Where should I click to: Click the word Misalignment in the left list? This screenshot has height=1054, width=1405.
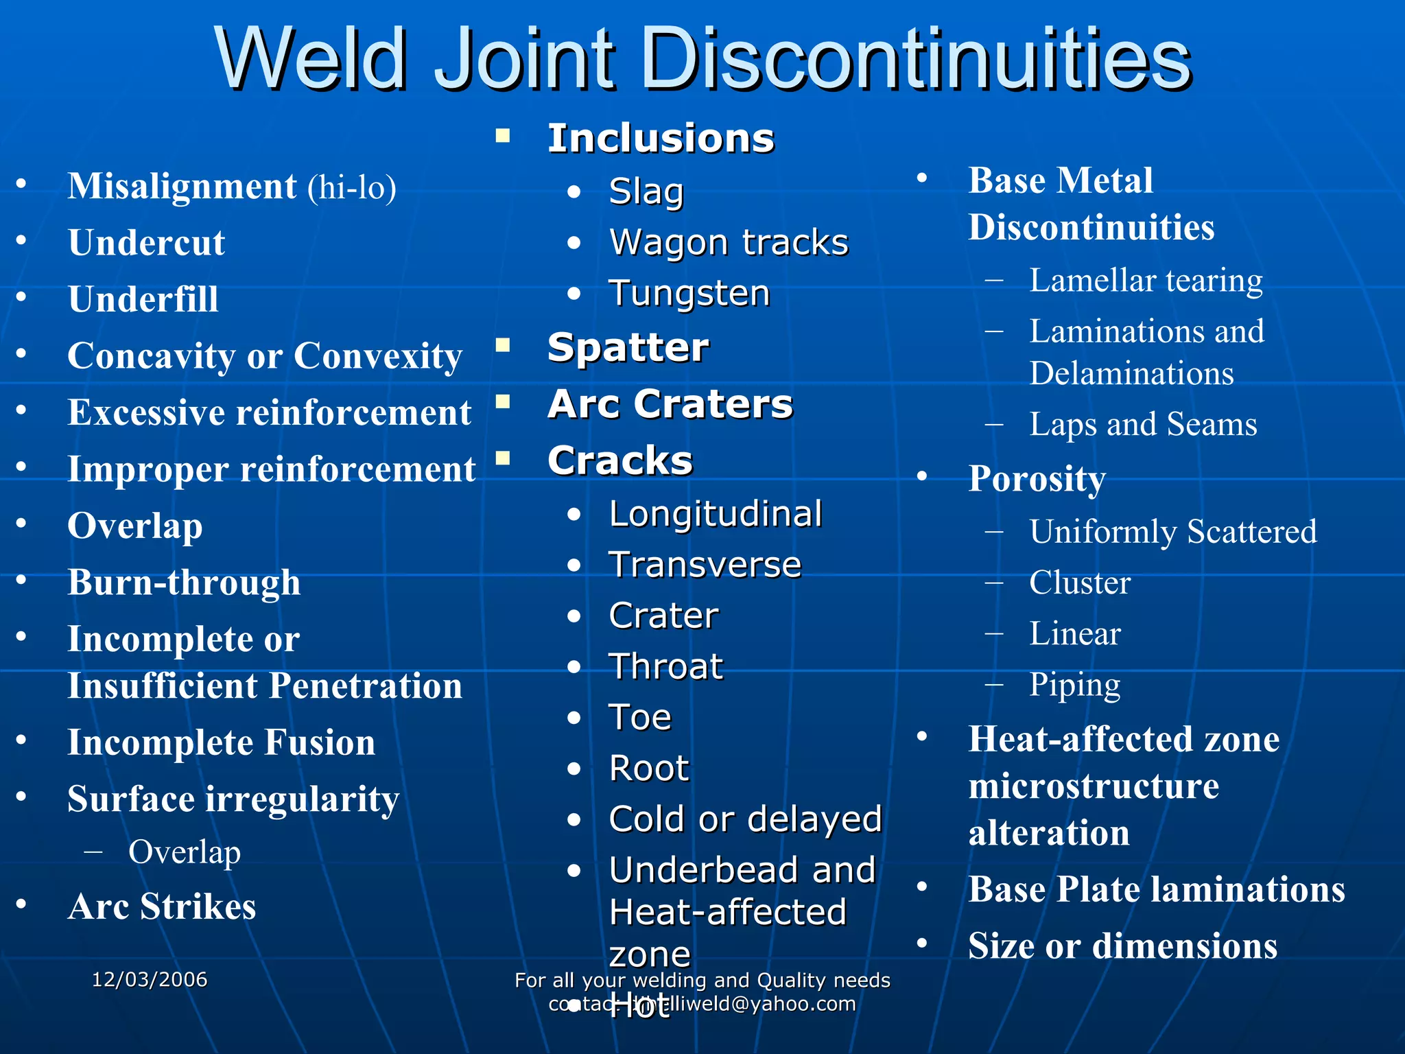point(182,187)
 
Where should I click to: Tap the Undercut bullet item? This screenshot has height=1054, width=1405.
point(146,243)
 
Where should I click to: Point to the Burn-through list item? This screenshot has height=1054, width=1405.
point(184,583)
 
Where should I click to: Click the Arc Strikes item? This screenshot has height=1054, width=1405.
point(162,906)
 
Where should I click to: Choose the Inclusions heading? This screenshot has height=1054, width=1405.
point(661,139)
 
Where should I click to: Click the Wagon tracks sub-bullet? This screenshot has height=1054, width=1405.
point(729,243)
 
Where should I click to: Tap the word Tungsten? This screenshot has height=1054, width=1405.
point(689,294)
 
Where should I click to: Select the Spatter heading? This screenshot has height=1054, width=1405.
point(628,348)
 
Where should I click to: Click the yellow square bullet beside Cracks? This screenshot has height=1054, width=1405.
point(504,458)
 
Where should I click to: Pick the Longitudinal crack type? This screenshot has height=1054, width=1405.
point(716,514)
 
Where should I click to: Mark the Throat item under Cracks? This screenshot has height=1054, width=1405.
point(666,667)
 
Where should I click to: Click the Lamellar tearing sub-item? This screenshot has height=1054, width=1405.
point(1146,281)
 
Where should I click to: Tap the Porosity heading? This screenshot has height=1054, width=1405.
point(1037,478)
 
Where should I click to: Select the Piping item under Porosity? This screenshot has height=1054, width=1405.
point(1074,685)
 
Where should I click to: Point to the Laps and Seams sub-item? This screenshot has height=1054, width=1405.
point(1143,424)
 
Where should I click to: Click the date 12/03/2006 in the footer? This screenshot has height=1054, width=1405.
point(150,979)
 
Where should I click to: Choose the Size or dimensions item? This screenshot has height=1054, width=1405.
point(1122,946)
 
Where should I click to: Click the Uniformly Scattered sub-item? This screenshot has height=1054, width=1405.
point(1173,532)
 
